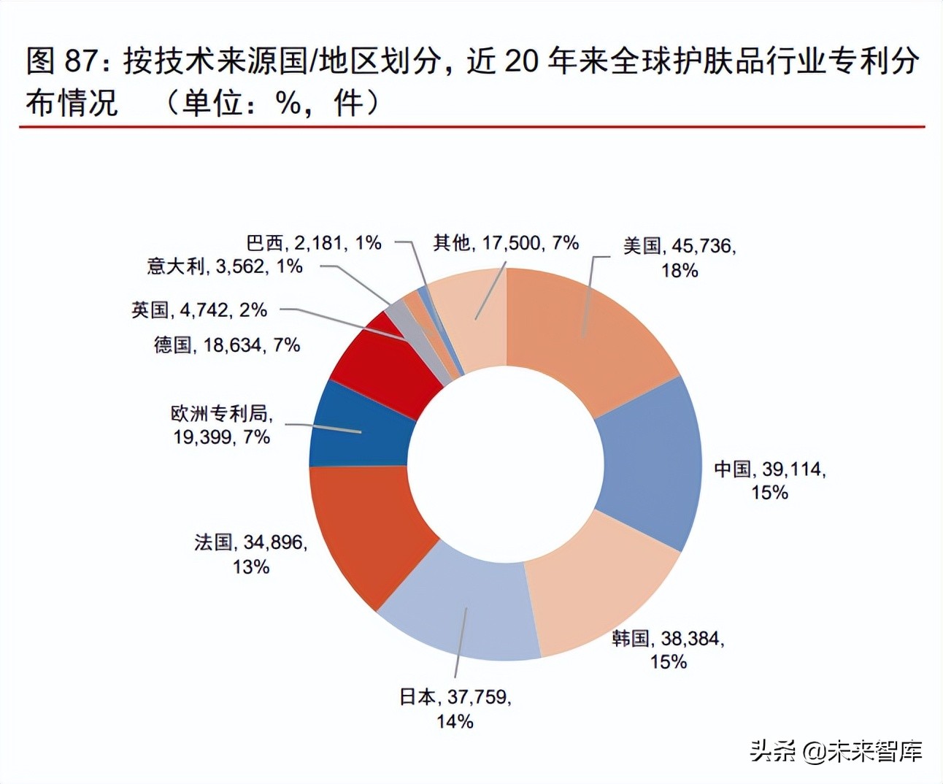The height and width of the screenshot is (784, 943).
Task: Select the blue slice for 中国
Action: click(x=650, y=464)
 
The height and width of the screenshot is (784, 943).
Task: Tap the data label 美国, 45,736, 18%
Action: click(x=680, y=258)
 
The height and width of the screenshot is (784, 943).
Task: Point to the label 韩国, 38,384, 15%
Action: click(x=669, y=650)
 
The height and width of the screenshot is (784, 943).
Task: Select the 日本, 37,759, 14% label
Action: click(x=455, y=709)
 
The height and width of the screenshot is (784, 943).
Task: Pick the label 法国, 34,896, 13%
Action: click(x=251, y=553)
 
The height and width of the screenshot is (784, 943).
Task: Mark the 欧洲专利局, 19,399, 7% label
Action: click(x=222, y=425)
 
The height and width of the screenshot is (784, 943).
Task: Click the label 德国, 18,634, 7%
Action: click(x=227, y=345)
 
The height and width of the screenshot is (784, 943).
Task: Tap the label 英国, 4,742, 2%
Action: click(x=199, y=310)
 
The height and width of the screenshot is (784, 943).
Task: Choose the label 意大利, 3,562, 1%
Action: click(x=225, y=266)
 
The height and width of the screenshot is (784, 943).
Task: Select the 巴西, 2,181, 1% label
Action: click(x=314, y=242)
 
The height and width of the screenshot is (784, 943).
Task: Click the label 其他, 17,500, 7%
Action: click(x=506, y=242)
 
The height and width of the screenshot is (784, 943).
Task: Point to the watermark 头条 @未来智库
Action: click(x=836, y=751)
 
